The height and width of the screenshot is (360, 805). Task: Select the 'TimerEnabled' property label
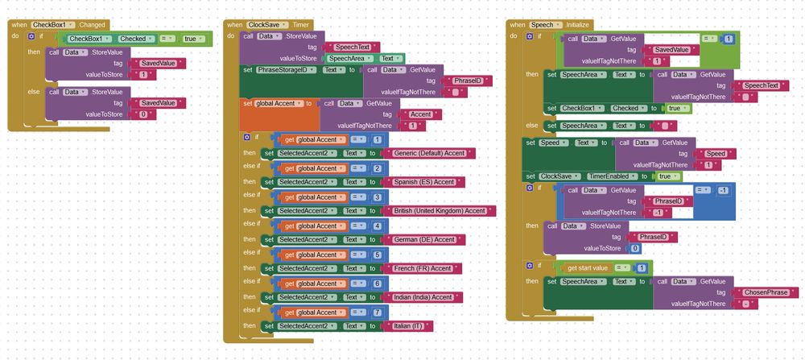(607, 176)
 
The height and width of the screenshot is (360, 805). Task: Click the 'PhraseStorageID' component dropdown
(286, 70)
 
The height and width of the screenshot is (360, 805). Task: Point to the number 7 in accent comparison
(377, 312)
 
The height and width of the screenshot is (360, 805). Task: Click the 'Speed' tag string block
(714, 154)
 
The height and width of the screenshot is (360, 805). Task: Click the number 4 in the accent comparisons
(377, 226)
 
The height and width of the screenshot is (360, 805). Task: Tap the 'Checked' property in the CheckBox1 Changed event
(132, 38)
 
